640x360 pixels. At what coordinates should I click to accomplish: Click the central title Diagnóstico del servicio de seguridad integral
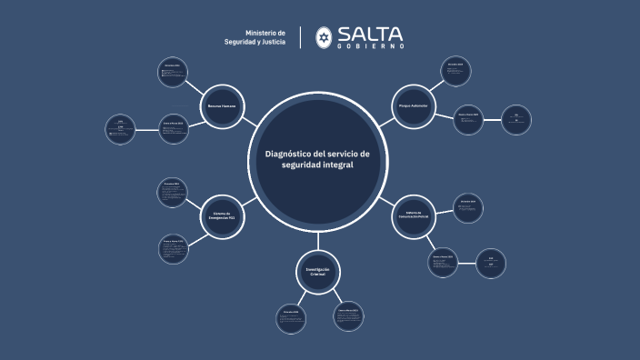317,159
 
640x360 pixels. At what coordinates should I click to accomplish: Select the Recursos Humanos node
222,106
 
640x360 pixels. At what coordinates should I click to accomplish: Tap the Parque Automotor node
413,106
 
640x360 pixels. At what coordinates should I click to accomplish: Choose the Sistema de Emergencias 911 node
224,214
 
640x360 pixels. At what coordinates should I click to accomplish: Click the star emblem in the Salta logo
324,37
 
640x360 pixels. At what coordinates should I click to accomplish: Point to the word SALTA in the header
370,34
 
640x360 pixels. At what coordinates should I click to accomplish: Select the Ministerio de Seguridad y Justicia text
260,37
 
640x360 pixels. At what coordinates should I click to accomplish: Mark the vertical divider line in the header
301,37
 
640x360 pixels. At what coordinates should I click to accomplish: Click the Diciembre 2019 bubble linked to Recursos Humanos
173,73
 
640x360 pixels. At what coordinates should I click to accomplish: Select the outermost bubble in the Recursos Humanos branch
121,129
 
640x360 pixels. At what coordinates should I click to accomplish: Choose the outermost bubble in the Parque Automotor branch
515,119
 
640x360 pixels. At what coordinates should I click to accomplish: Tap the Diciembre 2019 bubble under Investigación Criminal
291,317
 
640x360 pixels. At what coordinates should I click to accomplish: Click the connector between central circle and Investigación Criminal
317,238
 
